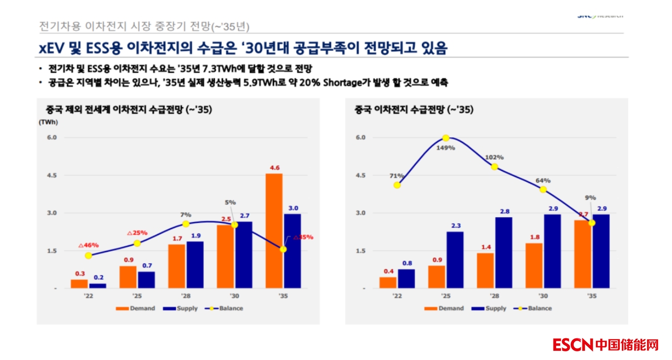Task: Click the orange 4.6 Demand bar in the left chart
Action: tap(274, 231)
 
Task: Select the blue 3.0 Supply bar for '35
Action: tap(292, 251)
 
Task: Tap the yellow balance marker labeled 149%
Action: tap(446, 138)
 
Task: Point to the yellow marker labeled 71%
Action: tap(397, 185)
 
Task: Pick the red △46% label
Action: tap(89, 245)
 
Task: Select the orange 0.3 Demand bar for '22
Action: tap(79, 284)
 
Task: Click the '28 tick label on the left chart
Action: tap(186, 296)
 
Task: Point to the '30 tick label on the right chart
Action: tap(543, 296)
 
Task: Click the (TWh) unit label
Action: tap(49, 122)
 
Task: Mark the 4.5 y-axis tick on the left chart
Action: tap(52, 175)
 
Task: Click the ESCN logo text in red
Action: tap(573, 345)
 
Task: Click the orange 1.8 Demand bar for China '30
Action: tap(534, 265)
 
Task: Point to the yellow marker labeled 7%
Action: tap(186, 224)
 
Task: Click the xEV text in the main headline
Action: tap(52, 48)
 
